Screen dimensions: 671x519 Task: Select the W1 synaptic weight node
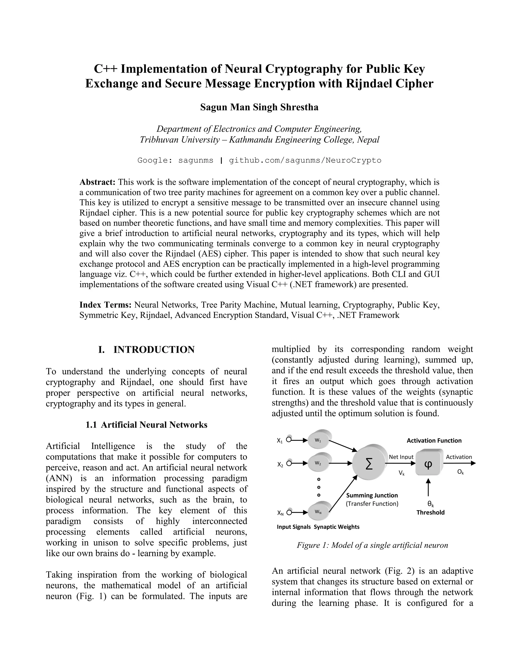318,440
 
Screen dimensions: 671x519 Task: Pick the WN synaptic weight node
318,512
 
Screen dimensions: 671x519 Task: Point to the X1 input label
280,441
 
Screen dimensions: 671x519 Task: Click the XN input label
280,513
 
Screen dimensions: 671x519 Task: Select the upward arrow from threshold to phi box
428,488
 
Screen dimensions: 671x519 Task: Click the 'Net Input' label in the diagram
401,457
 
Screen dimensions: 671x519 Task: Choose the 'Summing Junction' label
372,495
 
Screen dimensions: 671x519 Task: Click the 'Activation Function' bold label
434,441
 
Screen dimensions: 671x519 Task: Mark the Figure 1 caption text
372,545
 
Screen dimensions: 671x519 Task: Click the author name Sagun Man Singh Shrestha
259,107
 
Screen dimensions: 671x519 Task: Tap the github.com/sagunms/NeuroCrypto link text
305,160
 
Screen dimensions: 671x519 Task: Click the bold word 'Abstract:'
97,182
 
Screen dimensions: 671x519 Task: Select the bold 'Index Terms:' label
105,305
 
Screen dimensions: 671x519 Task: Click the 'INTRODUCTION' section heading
154,350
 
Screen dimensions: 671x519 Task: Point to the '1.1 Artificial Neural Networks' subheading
146,425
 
